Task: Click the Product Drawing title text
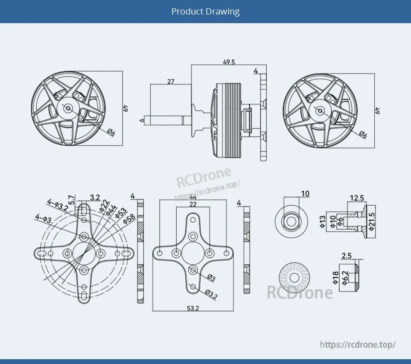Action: pyautogui.click(x=205, y=11)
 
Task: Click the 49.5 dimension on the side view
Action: pyautogui.click(x=229, y=62)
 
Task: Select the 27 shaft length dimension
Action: pyautogui.click(x=171, y=81)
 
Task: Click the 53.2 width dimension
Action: pyautogui.click(x=193, y=308)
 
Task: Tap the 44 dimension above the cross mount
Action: pyautogui.click(x=193, y=197)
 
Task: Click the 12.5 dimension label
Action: pyautogui.click(x=357, y=198)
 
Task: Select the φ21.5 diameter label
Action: pyautogui.click(x=372, y=221)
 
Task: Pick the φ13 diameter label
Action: pyautogui.click(x=323, y=222)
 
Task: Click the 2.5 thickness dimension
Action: pyautogui.click(x=346, y=256)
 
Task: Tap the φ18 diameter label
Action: pyautogui.click(x=335, y=277)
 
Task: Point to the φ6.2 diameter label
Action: pyautogui.click(x=345, y=277)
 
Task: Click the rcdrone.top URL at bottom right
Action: pyautogui.click(x=358, y=344)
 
